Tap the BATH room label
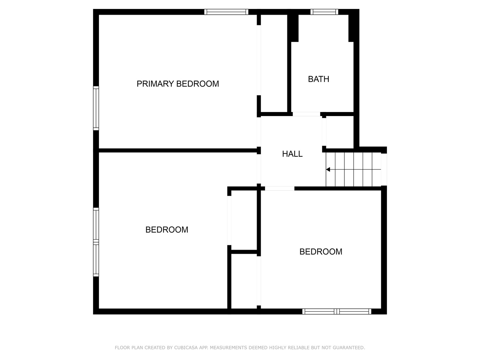[x=318, y=79]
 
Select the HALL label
[x=292, y=154]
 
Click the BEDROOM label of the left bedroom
[x=167, y=230]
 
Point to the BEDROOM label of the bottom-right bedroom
[x=321, y=252]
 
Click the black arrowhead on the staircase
[x=328, y=170]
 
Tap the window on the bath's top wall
[x=324, y=12]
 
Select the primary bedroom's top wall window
[x=226, y=12]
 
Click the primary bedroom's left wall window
[x=96, y=108]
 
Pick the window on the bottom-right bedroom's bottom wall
[x=337, y=311]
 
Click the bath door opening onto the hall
[x=306, y=114]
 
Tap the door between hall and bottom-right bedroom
[x=279, y=189]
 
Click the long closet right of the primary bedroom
[x=274, y=63]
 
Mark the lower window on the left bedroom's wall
[x=96, y=260]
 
